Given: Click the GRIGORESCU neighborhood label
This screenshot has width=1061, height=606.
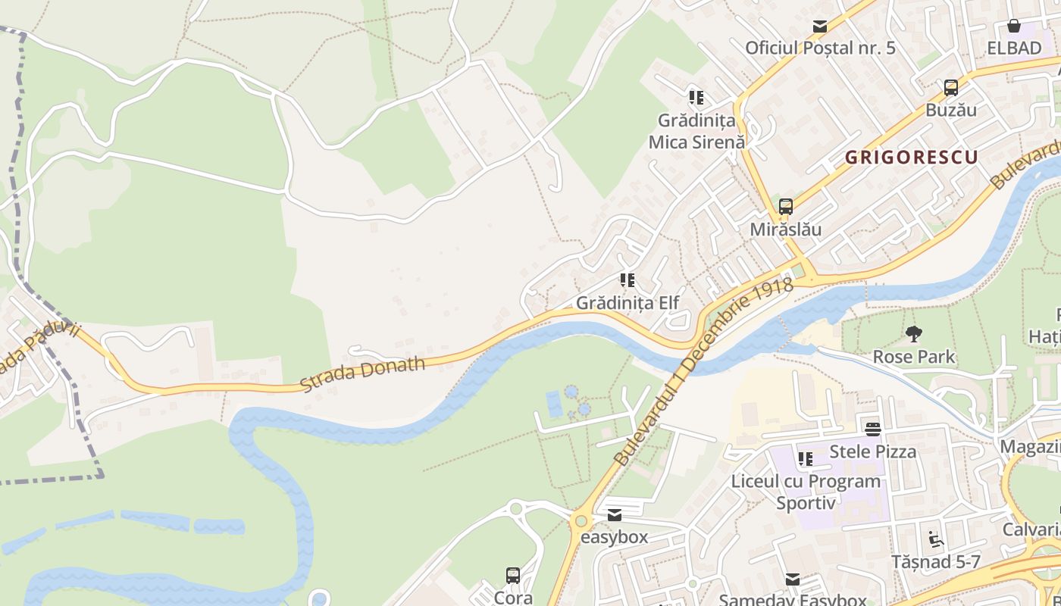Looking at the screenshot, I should [x=911, y=158].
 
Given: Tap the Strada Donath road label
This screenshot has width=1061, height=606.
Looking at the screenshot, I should [x=362, y=374].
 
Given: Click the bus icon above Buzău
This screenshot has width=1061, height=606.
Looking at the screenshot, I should [x=951, y=88].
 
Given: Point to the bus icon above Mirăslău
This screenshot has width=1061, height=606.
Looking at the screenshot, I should [x=786, y=207].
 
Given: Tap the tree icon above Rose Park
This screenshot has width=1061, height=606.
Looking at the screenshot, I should [x=914, y=334].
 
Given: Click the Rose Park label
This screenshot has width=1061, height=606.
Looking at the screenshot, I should [x=914, y=356].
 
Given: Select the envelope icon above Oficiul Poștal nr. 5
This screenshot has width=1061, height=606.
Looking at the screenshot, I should [x=820, y=27].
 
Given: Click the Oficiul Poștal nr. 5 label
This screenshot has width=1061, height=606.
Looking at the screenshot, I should [x=820, y=48].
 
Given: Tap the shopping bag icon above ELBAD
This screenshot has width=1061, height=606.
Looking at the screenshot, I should [x=1014, y=27].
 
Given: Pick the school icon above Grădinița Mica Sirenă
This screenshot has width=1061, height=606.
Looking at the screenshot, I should [x=696, y=98].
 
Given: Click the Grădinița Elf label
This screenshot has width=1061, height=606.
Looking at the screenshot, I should [x=628, y=302].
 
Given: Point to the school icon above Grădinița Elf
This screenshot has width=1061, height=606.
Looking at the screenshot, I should [x=628, y=281].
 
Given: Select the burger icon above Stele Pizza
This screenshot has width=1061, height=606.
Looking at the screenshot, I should [x=873, y=430].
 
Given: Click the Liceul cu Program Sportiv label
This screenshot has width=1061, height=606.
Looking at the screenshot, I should [x=806, y=492].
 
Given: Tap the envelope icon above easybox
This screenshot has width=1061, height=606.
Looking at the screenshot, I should [x=615, y=516].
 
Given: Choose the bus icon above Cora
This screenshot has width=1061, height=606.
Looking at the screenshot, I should [x=513, y=576].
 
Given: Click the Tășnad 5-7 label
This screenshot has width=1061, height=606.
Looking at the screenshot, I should [x=935, y=561].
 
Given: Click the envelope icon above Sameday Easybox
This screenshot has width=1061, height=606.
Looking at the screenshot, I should [x=792, y=579].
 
